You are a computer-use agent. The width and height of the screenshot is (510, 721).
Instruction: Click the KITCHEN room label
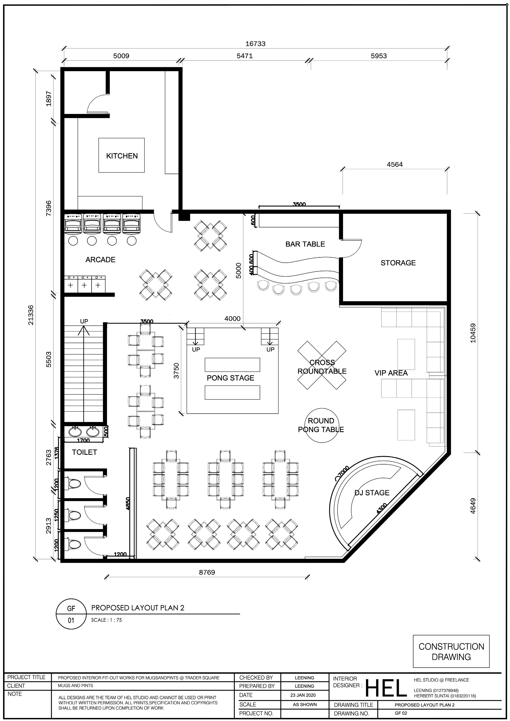click(122, 156)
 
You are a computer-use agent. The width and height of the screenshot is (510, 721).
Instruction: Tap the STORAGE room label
click(398, 263)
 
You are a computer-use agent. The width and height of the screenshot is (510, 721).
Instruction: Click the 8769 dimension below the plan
click(207, 572)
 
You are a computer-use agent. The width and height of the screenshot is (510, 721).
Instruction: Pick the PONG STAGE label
click(230, 378)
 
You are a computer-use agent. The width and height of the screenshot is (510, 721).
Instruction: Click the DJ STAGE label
click(372, 493)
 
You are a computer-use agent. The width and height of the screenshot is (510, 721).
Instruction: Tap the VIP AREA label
click(391, 373)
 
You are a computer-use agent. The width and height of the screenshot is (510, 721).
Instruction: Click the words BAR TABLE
click(305, 244)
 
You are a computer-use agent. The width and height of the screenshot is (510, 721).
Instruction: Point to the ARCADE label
click(100, 260)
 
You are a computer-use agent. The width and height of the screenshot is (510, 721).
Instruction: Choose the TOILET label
click(84, 452)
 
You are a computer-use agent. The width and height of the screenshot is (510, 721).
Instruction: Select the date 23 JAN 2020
click(303, 695)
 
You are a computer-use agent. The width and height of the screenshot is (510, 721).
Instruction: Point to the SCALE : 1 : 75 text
click(106, 620)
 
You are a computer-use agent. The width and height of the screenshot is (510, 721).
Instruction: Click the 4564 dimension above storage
click(395, 164)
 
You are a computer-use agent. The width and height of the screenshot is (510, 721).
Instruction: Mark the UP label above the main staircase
click(84, 321)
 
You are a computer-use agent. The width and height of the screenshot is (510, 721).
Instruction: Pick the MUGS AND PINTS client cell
click(76, 686)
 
